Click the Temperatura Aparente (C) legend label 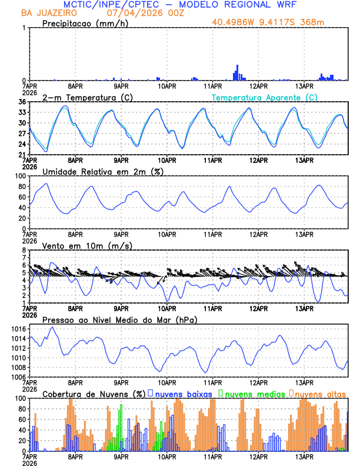265,97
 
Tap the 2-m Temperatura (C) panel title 86,97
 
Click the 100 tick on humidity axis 21,176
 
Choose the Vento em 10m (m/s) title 87,245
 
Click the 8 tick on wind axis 25,250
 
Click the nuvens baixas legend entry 184,394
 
